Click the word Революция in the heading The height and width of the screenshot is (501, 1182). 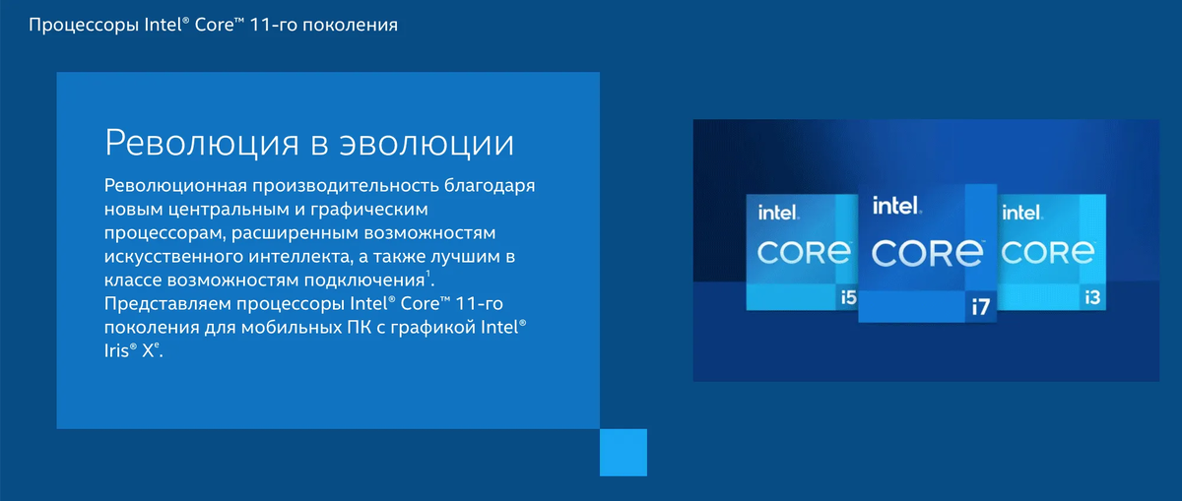pos(202,143)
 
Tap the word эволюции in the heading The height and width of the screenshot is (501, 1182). pos(427,143)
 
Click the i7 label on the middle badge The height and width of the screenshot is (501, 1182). pos(981,306)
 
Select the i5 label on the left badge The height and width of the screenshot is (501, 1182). pos(848,297)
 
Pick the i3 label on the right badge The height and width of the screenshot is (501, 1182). pos(1092,298)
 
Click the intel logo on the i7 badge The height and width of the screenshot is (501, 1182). pos(896,206)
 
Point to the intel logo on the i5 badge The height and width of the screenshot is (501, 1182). pos(778,213)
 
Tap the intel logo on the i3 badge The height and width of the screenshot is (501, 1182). pos(1022,213)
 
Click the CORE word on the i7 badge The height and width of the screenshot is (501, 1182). pos(927,253)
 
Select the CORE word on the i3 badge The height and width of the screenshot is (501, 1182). pos(1047,252)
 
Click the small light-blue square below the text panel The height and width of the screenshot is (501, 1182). pos(624,453)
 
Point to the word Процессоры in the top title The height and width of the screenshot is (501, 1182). pos(84,26)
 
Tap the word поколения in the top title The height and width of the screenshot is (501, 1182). pos(350,26)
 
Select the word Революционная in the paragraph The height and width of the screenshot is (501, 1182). pos(175,186)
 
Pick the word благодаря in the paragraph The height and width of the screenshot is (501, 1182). pos(490,186)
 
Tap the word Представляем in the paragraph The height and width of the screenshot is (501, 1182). pos(167,304)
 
